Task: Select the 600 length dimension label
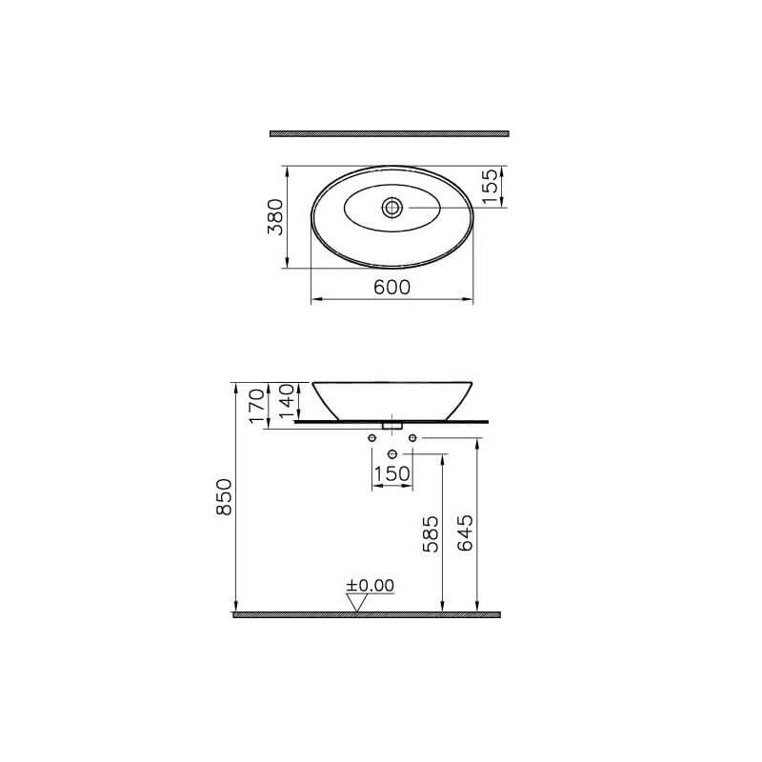coord(391,288)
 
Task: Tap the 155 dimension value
coord(490,187)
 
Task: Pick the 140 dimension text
coord(286,400)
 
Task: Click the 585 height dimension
coord(430,534)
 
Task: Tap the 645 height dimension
coord(464,534)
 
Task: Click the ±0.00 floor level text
coord(370,584)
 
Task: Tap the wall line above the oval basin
coord(390,132)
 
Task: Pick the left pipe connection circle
coord(371,437)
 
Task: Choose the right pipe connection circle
coord(412,437)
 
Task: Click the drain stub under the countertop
coord(391,424)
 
